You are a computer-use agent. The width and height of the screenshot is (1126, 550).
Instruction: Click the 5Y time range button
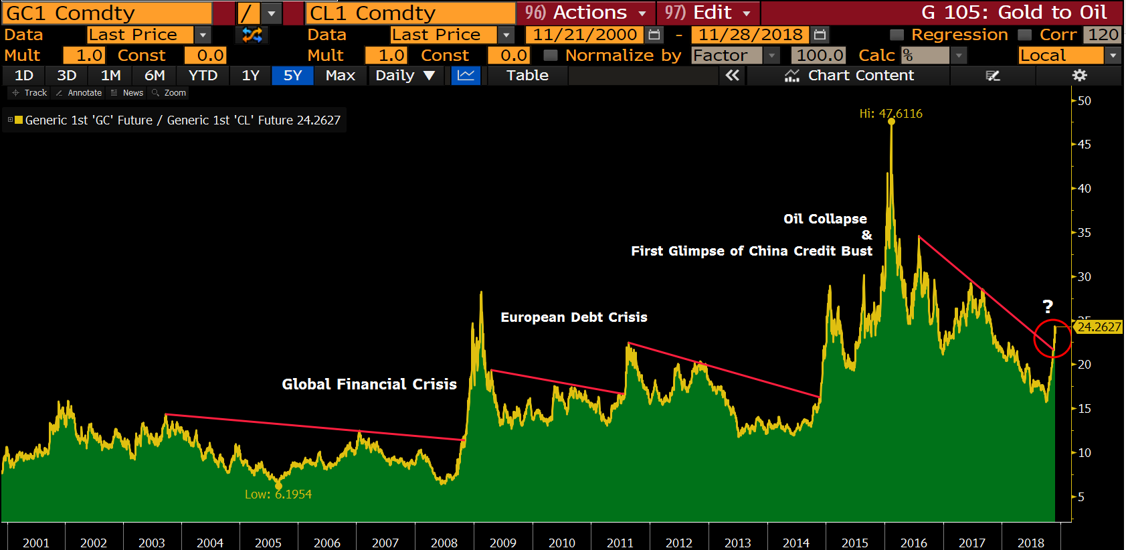tap(292, 76)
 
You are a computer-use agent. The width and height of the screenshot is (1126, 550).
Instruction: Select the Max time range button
tap(340, 76)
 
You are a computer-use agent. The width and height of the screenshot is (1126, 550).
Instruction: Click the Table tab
tap(527, 76)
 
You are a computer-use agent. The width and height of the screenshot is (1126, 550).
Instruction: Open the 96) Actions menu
tap(585, 13)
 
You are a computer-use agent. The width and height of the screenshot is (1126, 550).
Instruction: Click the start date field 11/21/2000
tap(585, 35)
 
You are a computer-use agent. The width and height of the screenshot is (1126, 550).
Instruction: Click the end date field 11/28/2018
tap(750, 35)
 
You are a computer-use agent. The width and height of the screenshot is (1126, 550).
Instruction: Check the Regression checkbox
tap(897, 35)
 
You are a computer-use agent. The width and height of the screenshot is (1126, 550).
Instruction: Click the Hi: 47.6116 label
tap(890, 114)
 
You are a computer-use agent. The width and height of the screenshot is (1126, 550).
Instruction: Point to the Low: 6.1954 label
tap(278, 494)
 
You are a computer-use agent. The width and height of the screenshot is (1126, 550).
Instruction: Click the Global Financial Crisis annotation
tap(369, 384)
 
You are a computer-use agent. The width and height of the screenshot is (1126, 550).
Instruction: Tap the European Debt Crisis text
tap(574, 317)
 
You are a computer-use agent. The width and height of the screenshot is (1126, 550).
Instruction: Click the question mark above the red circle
tap(1048, 307)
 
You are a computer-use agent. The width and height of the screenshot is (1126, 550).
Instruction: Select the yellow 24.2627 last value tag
tap(1099, 327)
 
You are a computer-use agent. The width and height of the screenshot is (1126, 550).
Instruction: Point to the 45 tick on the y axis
tap(1084, 145)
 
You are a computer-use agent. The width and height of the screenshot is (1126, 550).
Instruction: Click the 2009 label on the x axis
tap(503, 543)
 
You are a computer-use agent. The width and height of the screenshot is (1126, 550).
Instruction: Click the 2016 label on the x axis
tap(913, 543)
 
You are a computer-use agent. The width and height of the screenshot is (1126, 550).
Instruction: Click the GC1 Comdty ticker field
tap(107, 13)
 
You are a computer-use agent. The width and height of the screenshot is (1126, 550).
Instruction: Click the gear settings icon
tap(1079, 76)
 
